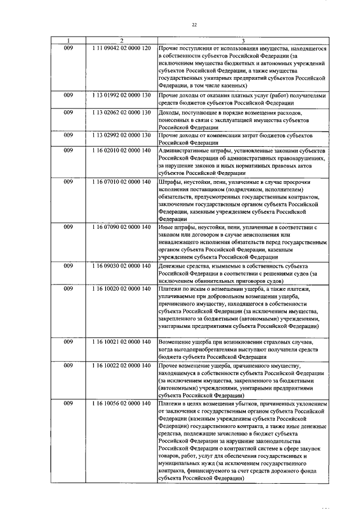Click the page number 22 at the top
point(195,25)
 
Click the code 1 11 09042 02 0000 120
point(121,48)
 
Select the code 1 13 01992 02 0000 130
point(121,96)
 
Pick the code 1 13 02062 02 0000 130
point(121,112)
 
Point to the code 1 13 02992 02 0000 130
point(121,136)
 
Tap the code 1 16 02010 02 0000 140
point(121,151)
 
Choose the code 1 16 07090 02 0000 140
point(121,227)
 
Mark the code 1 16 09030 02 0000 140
point(121,265)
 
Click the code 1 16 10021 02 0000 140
point(121,341)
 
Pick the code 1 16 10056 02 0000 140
point(121,403)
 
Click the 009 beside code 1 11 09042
point(68,48)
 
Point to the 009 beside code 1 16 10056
point(68,403)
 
